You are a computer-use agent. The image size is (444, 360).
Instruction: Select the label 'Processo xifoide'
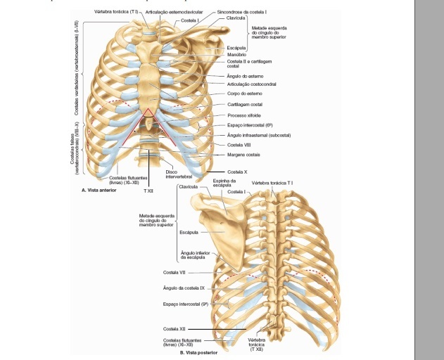tap(244, 115)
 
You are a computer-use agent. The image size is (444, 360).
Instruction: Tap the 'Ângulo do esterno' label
tap(245, 75)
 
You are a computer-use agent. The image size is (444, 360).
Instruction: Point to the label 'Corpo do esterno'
tap(245, 94)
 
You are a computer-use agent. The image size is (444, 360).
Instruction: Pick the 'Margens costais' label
tap(243, 155)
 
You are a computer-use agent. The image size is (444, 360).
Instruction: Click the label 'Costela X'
tap(236, 172)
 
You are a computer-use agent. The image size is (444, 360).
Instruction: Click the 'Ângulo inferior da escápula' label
tap(193, 255)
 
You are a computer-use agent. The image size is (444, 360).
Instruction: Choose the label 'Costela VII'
tap(175, 272)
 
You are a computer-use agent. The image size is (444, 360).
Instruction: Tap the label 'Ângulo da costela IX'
tap(184, 288)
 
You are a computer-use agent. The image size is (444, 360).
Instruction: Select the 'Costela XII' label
tap(175, 328)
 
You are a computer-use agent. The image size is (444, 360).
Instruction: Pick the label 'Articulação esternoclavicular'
tap(174, 12)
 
